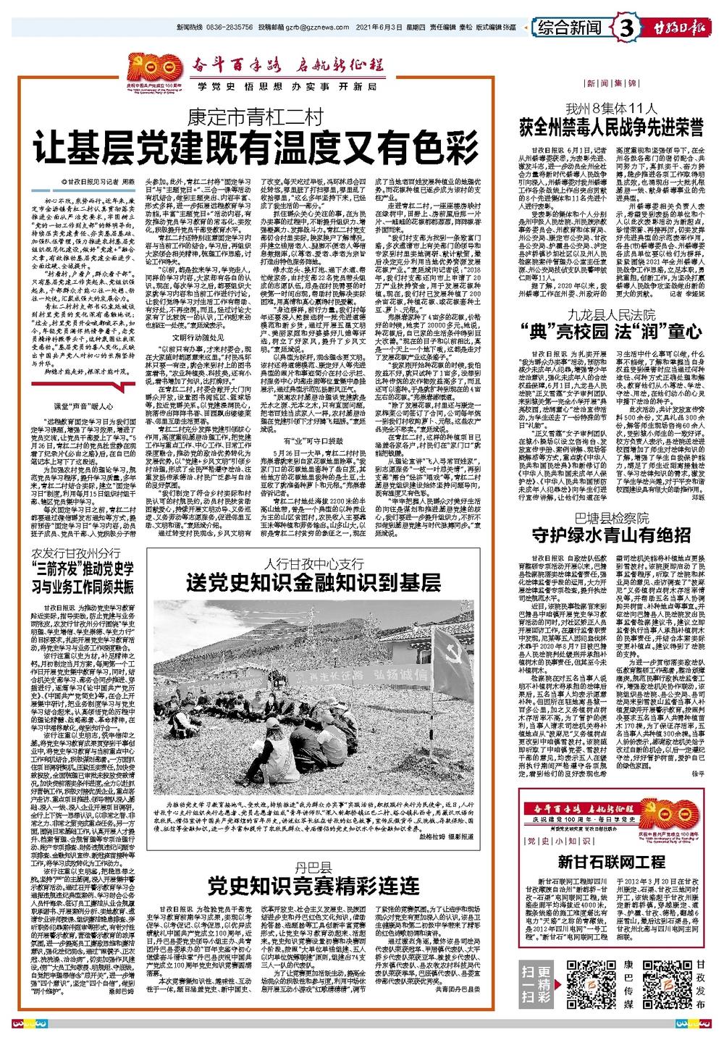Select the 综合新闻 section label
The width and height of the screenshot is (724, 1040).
pos(571,29)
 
